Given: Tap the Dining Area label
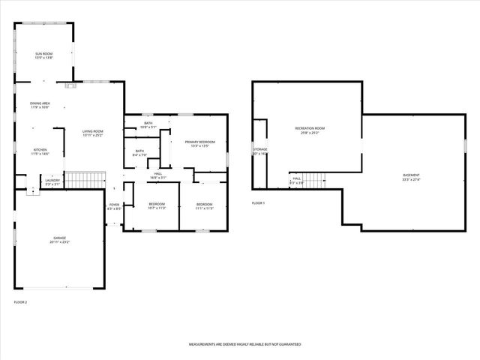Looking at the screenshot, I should (40, 105).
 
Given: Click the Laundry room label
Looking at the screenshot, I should (52, 181).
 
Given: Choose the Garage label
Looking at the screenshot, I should (59, 241).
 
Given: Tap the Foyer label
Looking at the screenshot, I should (114, 206).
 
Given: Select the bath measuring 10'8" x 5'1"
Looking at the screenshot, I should (148, 125).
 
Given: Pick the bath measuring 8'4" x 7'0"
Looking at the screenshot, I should (139, 153).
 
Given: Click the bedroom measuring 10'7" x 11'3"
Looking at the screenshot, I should (156, 206).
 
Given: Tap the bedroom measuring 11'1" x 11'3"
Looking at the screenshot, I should (205, 206).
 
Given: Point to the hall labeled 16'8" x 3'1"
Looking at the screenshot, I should (158, 176).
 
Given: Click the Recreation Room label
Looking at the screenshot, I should (309, 130).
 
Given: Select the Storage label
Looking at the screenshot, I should (259, 151).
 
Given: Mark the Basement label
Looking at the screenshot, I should (411, 178).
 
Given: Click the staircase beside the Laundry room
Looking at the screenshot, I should (83, 180).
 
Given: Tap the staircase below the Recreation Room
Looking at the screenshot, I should (316, 180).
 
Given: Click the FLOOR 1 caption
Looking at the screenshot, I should (258, 203).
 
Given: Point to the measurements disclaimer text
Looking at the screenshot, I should (244, 343).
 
